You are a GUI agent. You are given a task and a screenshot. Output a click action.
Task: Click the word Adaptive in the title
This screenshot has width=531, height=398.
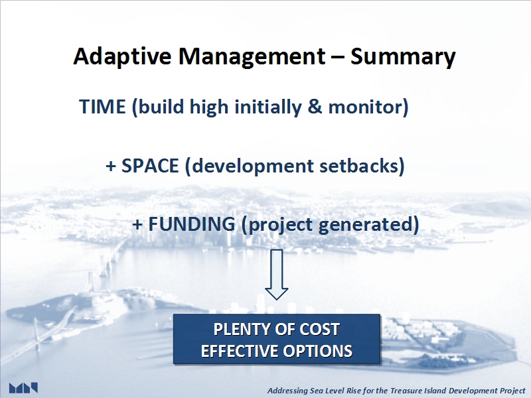122,56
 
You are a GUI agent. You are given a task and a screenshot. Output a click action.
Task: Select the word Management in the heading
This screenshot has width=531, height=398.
252,56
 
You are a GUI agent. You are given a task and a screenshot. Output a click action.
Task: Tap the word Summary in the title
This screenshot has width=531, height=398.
403,56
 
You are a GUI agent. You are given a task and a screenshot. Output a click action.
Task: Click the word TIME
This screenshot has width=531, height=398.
102,107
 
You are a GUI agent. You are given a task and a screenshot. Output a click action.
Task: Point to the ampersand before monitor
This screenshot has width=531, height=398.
315,107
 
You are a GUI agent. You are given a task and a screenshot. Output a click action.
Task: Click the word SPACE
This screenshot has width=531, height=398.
150,165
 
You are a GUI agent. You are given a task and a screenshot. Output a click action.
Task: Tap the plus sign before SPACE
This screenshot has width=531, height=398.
111,166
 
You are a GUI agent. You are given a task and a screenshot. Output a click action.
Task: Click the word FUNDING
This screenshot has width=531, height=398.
192,224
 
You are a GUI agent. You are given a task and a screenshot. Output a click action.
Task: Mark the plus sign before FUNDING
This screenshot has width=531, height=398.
137,225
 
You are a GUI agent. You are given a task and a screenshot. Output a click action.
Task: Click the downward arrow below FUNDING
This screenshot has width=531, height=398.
277,275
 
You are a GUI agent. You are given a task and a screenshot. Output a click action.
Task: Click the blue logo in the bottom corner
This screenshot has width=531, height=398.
23,388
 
